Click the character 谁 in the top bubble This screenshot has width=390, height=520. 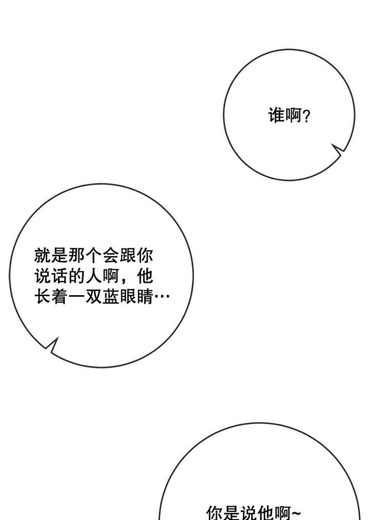(x=276, y=115)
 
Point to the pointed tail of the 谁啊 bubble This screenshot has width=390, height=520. (x=332, y=144)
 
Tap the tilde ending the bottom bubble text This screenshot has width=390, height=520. (x=296, y=513)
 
